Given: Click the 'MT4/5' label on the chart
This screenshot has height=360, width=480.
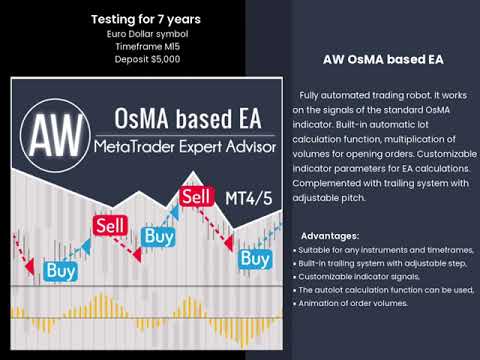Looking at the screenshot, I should (240, 198).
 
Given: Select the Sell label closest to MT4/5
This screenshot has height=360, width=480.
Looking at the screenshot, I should (196, 192).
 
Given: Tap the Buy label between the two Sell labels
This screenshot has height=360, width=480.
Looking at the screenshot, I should (158, 236).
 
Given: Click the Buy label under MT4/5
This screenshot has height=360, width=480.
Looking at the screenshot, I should (256, 259).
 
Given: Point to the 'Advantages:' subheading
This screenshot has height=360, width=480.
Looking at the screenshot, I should (325, 235).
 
